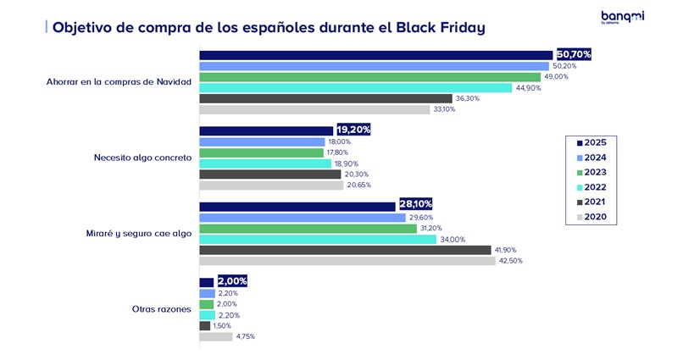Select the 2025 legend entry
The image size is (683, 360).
tap(594, 141)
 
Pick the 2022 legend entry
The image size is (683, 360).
tap(594, 187)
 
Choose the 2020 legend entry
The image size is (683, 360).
tap(594, 218)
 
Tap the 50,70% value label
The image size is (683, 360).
tap(574, 54)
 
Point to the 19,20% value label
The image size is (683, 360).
tap(353, 130)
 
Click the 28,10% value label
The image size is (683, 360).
tap(415, 206)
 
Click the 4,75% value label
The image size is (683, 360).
tap(244, 336)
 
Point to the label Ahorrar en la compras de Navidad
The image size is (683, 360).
tap(120, 82)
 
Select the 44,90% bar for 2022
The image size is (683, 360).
tap(355, 87)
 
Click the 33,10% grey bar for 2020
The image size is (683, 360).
tap(314, 109)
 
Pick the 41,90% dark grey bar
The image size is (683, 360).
tap(345, 250)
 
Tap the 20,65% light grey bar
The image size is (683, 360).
tap(271, 185)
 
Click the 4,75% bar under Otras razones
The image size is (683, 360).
tap(215, 336)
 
